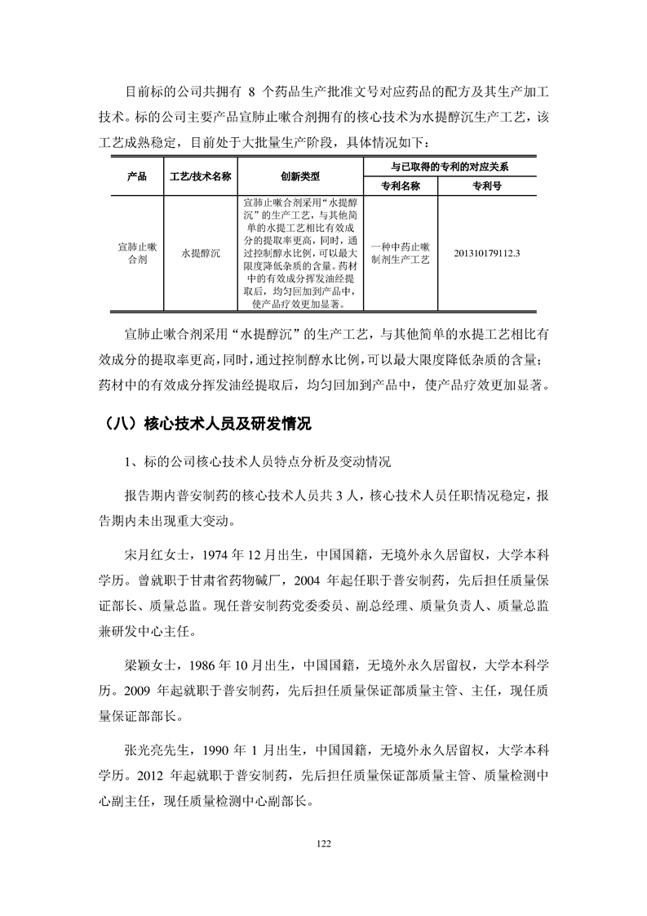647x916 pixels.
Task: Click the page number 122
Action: (323, 843)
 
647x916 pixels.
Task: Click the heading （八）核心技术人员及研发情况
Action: (209, 424)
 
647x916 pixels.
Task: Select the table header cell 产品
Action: (137, 176)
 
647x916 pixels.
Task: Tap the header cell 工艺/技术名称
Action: (201, 176)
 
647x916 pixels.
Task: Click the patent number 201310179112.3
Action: (486, 253)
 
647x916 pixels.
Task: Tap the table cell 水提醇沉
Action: (201, 254)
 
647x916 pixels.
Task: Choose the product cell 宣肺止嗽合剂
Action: (137, 253)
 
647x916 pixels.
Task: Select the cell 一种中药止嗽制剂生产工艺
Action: (400, 253)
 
